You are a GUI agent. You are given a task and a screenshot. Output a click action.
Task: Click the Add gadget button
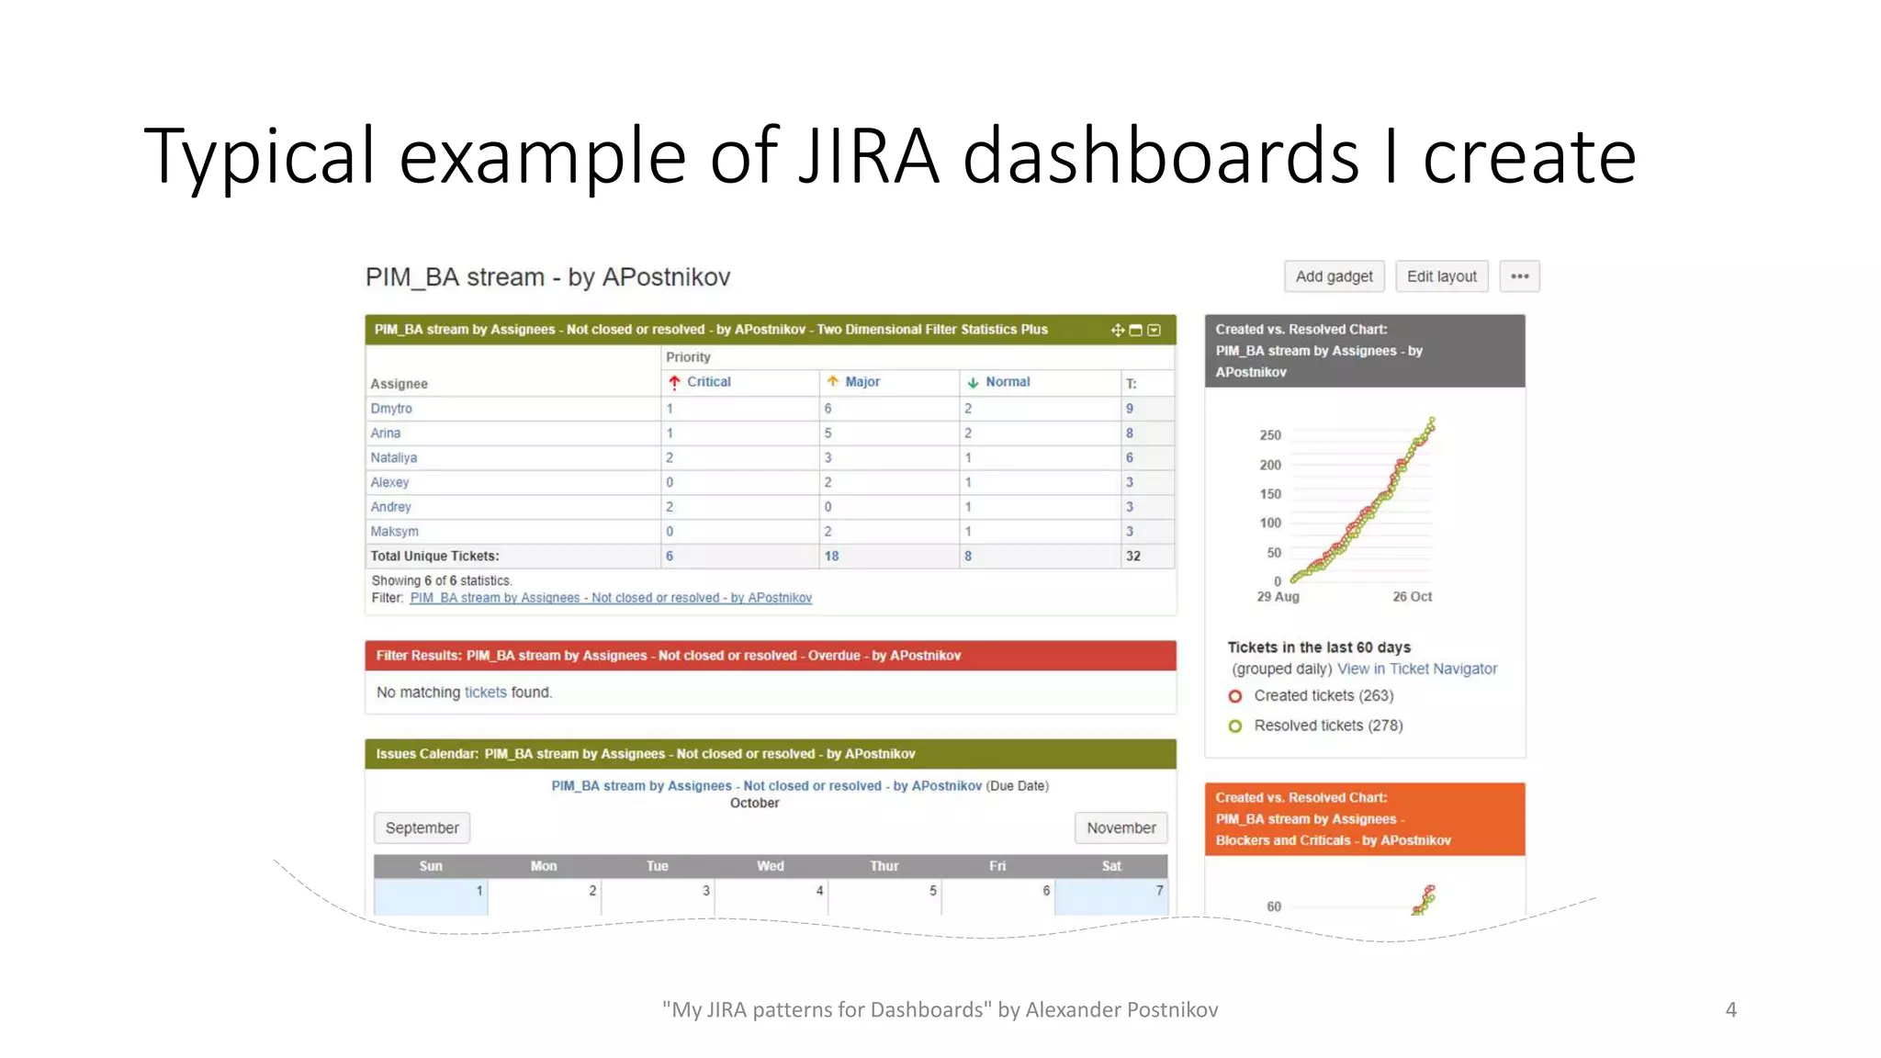(1334, 276)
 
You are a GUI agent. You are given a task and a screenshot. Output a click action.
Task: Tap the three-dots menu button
(1519, 276)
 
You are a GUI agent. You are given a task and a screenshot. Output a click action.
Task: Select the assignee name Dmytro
(391, 409)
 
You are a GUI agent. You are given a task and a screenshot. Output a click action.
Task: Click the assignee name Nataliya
(394, 457)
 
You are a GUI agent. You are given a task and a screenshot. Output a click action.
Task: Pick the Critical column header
(708, 382)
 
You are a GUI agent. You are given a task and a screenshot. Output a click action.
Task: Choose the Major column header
(862, 382)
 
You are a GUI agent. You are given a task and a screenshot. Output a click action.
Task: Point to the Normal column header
(1007, 382)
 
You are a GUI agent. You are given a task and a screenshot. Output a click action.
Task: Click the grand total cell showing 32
(1133, 557)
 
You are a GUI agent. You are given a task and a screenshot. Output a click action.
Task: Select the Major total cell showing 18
(831, 557)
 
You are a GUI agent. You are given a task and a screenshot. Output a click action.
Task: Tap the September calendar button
(422, 828)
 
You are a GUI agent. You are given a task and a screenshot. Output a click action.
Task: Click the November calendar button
(1121, 828)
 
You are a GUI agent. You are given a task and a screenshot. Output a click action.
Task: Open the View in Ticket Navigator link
(1416, 670)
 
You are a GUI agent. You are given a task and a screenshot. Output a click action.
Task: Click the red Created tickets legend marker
(1235, 697)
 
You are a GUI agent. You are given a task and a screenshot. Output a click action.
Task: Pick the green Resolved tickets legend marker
(1235, 726)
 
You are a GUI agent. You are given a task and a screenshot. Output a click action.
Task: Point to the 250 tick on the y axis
(1270, 435)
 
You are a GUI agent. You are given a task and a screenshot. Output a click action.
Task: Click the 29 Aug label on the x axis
(1278, 597)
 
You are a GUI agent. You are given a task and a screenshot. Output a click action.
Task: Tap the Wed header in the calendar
(771, 866)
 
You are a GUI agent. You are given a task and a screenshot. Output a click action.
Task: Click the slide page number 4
(1730, 1010)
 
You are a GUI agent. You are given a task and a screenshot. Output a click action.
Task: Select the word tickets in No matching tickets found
(485, 692)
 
